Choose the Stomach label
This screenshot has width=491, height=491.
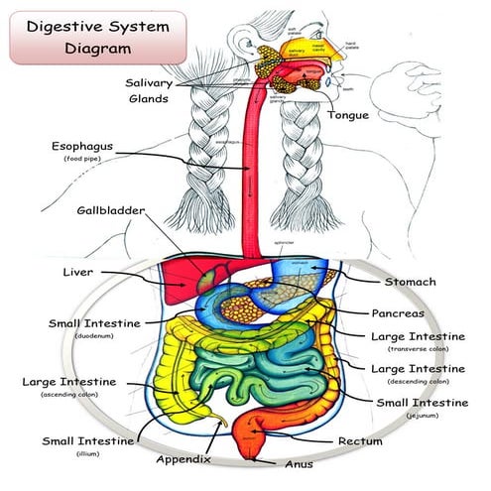pos(410,282)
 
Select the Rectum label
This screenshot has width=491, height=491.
pos(361,439)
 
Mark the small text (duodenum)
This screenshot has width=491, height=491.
pos(93,336)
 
